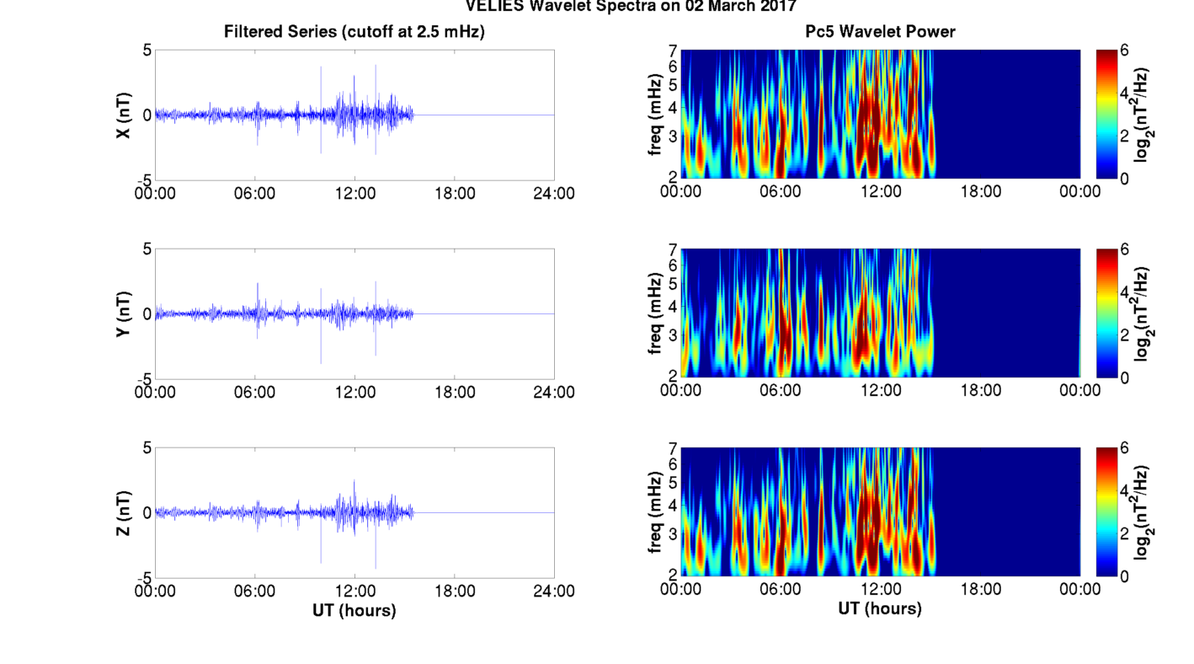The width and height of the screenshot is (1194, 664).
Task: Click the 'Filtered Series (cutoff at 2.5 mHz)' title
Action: tap(354, 32)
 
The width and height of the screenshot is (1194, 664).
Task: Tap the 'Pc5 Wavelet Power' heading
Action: tap(880, 32)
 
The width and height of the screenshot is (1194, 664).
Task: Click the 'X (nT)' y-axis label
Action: tap(123, 115)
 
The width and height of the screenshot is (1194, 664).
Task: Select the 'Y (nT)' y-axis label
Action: tap(123, 313)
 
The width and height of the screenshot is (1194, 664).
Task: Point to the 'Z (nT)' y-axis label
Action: tap(123, 512)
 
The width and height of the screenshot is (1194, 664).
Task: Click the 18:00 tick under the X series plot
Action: tap(455, 193)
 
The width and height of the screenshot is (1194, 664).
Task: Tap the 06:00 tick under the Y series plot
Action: tap(255, 392)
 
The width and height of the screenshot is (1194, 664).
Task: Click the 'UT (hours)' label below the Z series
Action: tap(354, 609)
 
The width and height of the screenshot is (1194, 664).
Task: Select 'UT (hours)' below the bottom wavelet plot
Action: tap(880, 608)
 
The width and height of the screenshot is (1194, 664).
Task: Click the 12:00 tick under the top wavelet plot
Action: tap(881, 191)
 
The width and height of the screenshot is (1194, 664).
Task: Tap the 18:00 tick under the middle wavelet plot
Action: tap(980, 390)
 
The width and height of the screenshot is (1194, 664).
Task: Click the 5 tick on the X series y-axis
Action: tap(147, 51)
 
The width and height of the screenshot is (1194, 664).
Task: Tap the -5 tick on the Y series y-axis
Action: tap(144, 379)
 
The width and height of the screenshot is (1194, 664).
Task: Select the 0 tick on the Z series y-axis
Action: tap(147, 512)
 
